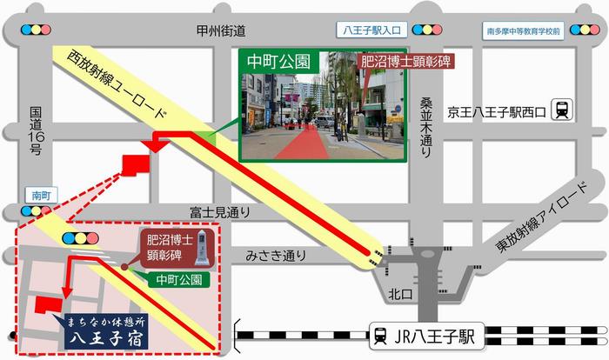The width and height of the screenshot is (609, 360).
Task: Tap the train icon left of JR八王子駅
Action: click(380, 333)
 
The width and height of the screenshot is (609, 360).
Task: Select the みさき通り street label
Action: click(276, 254)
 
